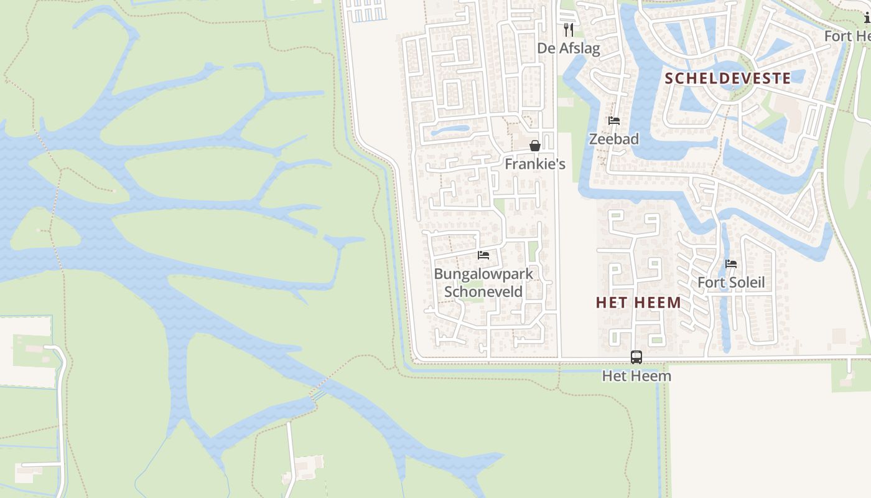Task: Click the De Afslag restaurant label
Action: (x=569, y=49)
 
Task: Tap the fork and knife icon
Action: (x=568, y=29)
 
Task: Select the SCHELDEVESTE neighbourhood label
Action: (x=728, y=78)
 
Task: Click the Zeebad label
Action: (x=614, y=139)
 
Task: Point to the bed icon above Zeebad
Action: (x=614, y=121)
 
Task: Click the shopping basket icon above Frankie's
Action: (x=535, y=146)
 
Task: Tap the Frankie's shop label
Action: (x=535, y=164)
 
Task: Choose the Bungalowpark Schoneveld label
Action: (x=483, y=283)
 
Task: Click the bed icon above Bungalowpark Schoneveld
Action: (x=483, y=255)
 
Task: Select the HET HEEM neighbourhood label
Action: (x=638, y=303)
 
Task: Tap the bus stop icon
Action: (x=636, y=357)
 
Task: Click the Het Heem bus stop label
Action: (x=636, y=376)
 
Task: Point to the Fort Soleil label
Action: (x=731, y=283)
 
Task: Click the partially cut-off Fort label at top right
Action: (x=847, y=36)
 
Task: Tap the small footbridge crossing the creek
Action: (x=318, y=392)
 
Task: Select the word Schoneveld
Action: (x=483, y=291)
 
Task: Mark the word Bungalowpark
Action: (x=483, y=274)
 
